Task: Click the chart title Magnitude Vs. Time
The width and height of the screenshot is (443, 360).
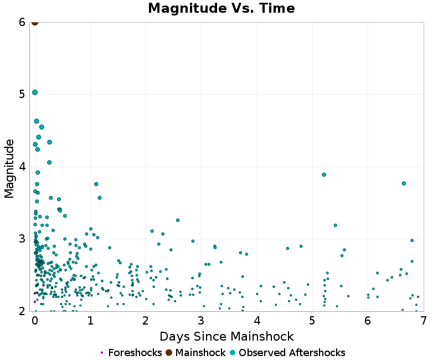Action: [221, 9]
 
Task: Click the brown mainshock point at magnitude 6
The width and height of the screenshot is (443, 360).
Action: [35, 22]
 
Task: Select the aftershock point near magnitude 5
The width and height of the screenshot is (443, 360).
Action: [35, 92]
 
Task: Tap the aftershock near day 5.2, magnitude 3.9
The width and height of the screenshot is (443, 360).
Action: [324, 174]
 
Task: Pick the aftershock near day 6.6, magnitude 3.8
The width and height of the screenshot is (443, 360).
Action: [404, 183]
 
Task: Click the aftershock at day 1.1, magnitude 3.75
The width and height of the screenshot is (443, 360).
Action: [96, 184]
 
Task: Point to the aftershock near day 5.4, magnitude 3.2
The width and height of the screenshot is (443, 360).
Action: [336, 225]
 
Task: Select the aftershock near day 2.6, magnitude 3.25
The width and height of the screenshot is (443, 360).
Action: [178, 220]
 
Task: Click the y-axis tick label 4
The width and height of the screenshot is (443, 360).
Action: [22, 167]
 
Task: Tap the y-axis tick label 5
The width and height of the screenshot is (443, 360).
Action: [22, 94]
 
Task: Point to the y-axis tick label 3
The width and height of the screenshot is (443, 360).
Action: [22, 239]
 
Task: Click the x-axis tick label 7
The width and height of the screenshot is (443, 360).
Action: [423, 321]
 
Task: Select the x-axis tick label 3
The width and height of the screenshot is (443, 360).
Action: [202, 321]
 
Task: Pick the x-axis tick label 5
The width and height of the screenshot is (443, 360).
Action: [312, 321]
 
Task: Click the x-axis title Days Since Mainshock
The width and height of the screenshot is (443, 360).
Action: [226, 336]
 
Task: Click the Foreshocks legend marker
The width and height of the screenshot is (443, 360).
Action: [102, 353]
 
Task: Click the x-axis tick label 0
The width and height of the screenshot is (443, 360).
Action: [35, 321]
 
